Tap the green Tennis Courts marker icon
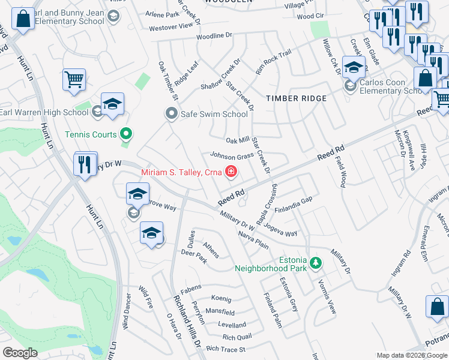point(125,134)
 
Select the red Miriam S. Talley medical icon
point(231,173)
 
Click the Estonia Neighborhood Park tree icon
point(314,262)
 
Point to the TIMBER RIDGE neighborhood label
point(297,98)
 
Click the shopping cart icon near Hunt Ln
point(74,79)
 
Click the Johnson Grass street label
point(231,156)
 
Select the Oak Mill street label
point(237,140)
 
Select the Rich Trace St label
point(226,349)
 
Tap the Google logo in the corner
point(20,353)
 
